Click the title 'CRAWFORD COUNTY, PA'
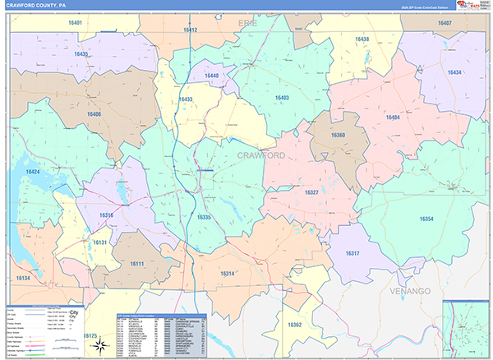click(x=39, y=5)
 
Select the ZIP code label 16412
click(x=190, y=30)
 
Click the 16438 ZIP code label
click(x=362, y=39)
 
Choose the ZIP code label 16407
click(x=445, y=23)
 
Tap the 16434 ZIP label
click(x=455, y=72)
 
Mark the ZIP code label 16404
click(x=393, y=118)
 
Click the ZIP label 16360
click(x=338, y=135)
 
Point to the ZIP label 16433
click(x=185, y=99)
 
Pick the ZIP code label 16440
click(x=212, y=76)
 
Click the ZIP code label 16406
click(x=93, y=114)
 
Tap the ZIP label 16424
click(x=32, y=171)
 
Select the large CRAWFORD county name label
click(x=261, y=155)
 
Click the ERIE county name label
click(x=247, y=23)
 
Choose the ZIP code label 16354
click(x=426, y=219)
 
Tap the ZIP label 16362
click(x=295, y=325)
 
